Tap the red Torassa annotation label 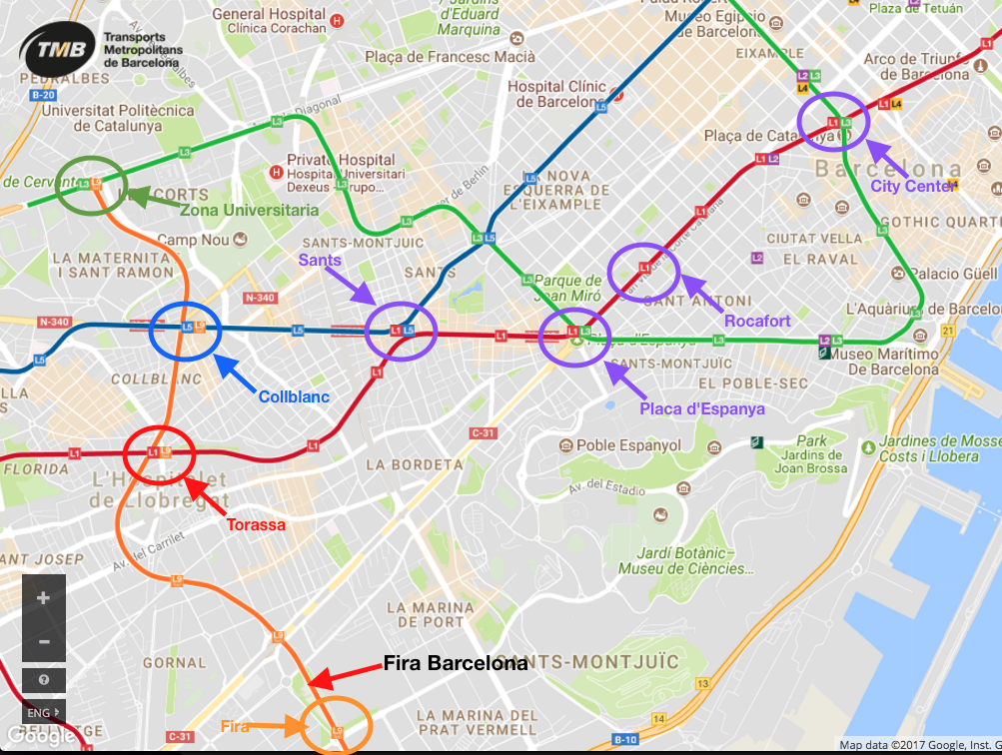click(x=256, y=524)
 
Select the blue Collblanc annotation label click(x=294, y=396)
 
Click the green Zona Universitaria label click(x=249, y=210)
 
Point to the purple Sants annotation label click(x=320, y=260)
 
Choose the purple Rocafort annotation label click(x=757, y=321)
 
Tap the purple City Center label click(x=913, y=186)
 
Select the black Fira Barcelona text click(x=456, y=664)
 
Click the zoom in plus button click(x=44, y=598)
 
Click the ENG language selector click(x=40, y=713)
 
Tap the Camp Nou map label click(x=193, y=240)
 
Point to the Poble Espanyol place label click(x=628, y=445)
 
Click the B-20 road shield click(x=43, y=95)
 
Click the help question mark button click(x=44, y=679)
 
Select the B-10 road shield click(x=625, y=739)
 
